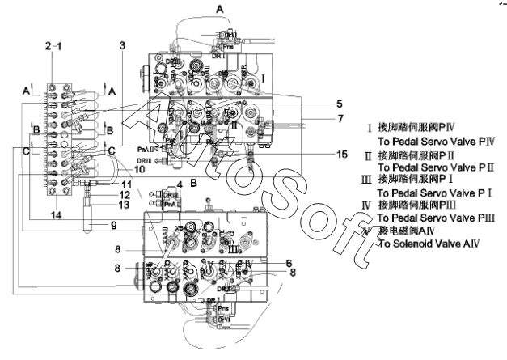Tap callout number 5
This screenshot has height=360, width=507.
pos(317,104)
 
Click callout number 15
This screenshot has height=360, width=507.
pos(320,154)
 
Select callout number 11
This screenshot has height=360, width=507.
pos(125,184)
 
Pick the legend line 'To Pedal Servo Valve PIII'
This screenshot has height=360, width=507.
pos(432,218)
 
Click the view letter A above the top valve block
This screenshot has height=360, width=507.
pos(219,6)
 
